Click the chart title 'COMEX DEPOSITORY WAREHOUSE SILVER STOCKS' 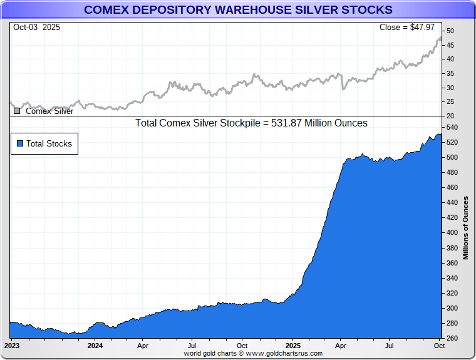pyautogui.click(x=238, y=9)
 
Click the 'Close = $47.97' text pyautogui.click(x=407, y=28)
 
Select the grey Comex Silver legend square pyautogui.click(x=17, y=111)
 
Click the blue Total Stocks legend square pyautogui.click(x=20, y=143)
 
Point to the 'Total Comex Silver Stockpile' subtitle pyautogui.click(x=251, y=123)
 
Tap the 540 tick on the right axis pyautogui.click(x=452, y=128)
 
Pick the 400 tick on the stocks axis pyautogui.click(x=452, y=233)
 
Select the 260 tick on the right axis pyautogui.click(x=452, y=339)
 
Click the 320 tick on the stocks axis pyautogui.click(x=452, y=294)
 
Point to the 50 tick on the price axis pyautogui.click(x=450, y=31)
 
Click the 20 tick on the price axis pyautogui.click(x=450, y=116)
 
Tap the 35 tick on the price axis pyautogui.click(x=450, y=74)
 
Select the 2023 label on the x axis pyautogui.click(x=13, y=346)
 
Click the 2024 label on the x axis pyautogui.click(x=95, y=346)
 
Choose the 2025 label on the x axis pyautogui.click(x=293, y=346)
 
